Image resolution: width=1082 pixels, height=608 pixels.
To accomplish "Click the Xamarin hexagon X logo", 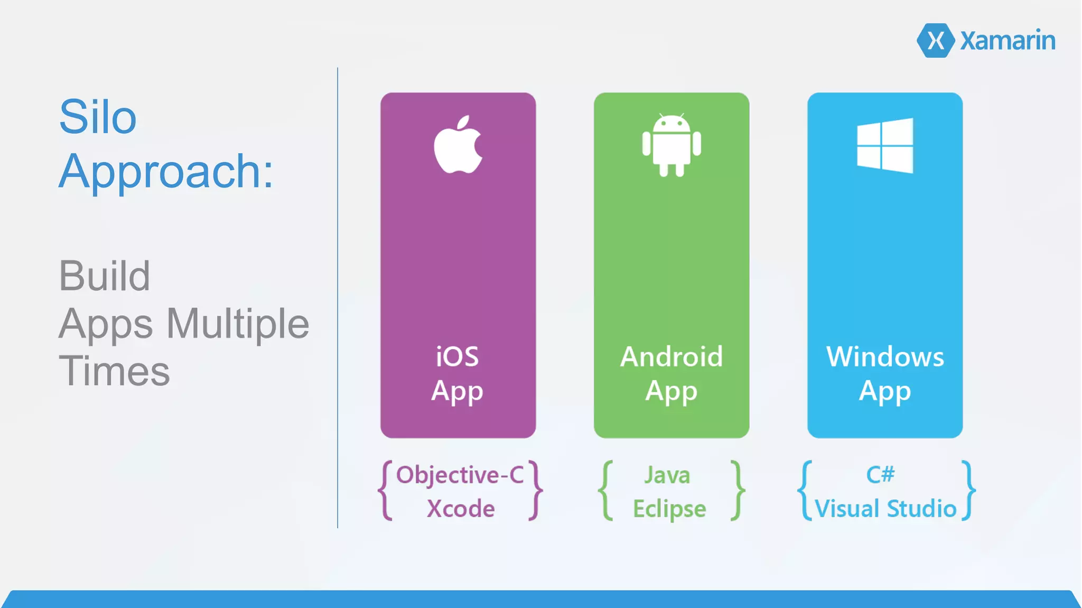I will coord(935,40).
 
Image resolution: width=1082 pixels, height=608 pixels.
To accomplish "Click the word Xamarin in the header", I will coord(1008,40).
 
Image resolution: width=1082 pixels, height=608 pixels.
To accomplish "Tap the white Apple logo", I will coord(458,145).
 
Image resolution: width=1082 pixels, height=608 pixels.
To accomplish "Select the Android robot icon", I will coord(671,145).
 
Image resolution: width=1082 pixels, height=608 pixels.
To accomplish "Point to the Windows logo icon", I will coord(885,145).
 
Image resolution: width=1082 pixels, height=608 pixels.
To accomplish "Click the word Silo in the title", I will coord(98,117).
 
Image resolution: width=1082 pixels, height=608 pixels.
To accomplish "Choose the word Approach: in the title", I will coord(166,171).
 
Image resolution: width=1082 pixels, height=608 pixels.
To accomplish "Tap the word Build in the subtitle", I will coord(105,276).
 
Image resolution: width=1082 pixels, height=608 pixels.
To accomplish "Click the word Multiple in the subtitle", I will coord(238,323).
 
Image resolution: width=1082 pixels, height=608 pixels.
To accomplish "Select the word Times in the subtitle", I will coord(114,371).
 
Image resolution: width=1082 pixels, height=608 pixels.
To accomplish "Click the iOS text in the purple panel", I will coord(458,357).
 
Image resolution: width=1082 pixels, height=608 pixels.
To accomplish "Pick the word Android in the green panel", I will coord(671,357).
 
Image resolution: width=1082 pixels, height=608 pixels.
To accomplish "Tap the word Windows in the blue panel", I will coord(885,357).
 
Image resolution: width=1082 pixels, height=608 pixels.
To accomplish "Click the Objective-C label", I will coord(460,475).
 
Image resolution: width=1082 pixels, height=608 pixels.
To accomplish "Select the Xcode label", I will coord(461,509).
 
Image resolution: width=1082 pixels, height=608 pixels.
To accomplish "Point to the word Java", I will coord(667,475).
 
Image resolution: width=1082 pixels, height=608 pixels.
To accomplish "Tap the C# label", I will coord(880,474).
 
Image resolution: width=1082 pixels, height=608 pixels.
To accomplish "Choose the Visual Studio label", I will coord(885,509).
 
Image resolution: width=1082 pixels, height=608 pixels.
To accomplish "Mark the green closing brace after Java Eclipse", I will coord(738,491).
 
